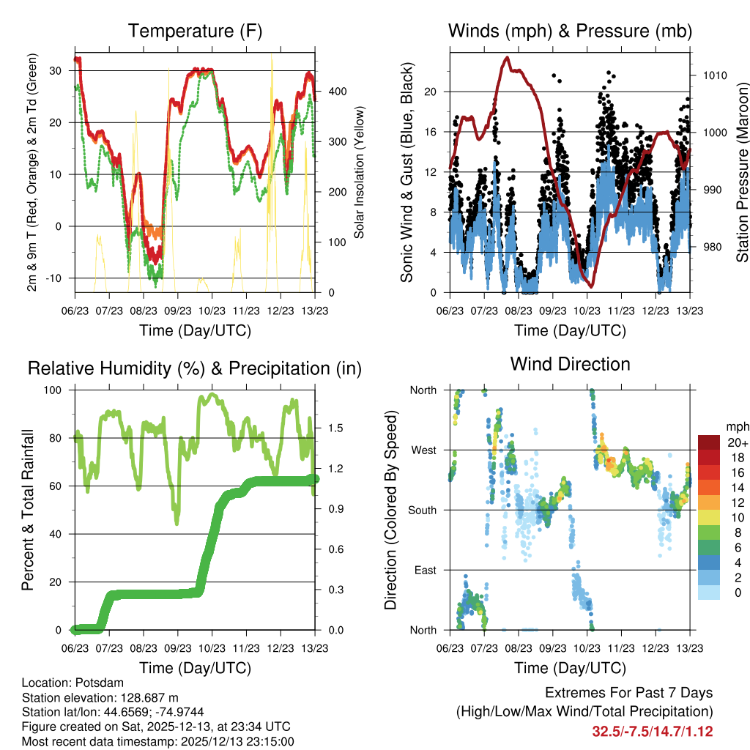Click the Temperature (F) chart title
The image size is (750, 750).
click(x=195, y=31)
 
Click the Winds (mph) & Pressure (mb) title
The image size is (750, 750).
click(x=571, y=31)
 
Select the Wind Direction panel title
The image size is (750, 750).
click(x=571, y=364)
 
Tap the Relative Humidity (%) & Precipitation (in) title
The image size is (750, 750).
click(x=195, y=368)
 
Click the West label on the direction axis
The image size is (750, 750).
click(x=423, y=450)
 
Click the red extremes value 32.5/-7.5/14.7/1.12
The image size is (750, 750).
click(x=653, y=732)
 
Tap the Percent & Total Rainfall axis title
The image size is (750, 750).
click(x=28, y=510)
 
